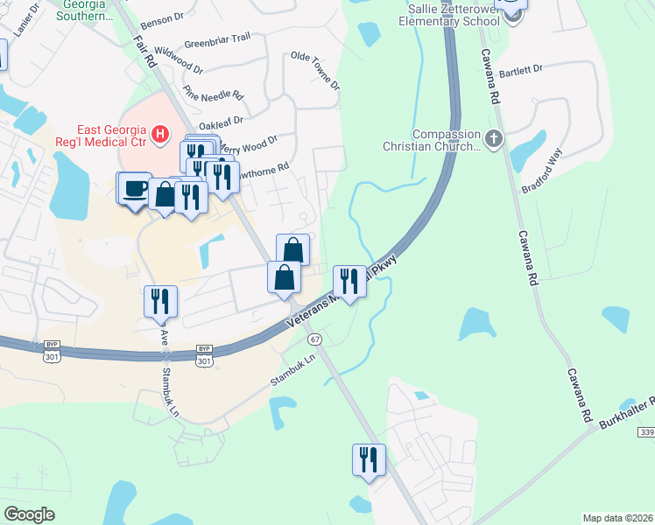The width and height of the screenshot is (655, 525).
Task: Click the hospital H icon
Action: (x=159, y=134)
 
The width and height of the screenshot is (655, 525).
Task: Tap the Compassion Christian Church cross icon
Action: (x=494, y=137)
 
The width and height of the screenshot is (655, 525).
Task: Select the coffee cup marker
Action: (x=134, y=189)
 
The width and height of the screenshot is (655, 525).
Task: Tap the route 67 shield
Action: (x=315, y=339)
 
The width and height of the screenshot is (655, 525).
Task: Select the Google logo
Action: (x=30, y=514)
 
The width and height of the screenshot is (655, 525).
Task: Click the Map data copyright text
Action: (x=618, y=517)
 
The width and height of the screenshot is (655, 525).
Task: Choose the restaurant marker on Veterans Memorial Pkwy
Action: (x=349, y=283)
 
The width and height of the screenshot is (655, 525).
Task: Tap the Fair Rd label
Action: (x=144, y=51)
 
